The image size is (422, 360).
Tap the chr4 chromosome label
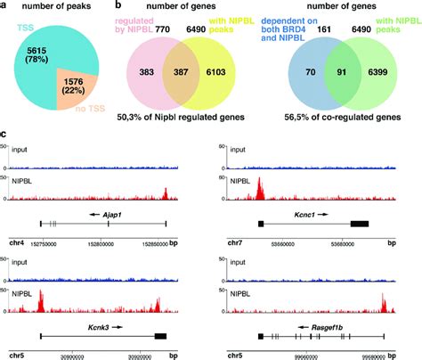pos(15,241)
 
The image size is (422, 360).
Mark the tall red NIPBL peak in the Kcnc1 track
pos(258,189)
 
